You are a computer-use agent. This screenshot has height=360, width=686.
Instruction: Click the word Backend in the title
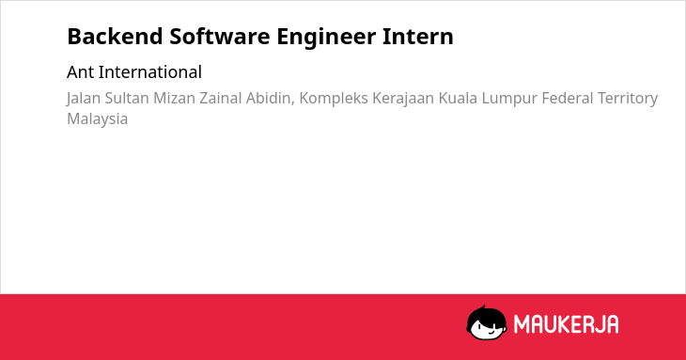[115, 37]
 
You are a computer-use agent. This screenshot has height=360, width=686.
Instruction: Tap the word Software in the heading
[220, 37]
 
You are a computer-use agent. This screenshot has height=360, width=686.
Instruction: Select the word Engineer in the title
[326, 38]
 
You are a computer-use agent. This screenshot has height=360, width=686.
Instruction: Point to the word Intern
[418, 37]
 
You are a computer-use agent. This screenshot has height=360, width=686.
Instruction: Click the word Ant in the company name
[80, 72]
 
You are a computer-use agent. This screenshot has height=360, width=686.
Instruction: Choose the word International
[150, 72]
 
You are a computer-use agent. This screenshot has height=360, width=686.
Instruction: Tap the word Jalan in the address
[83, 99]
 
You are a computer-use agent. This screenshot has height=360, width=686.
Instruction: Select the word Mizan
[174, 98]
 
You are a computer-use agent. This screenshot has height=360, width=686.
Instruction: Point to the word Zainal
[220, 98]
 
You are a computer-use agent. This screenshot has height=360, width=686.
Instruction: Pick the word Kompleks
[334, 99]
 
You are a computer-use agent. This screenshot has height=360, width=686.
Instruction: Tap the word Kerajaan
[403, 99]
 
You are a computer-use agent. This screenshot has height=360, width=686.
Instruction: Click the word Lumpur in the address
[509, 99]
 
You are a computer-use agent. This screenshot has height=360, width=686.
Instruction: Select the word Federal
[567, 98]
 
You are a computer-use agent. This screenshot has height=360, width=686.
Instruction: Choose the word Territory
[628, 99]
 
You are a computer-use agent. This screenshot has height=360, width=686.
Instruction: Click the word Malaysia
[97, 119]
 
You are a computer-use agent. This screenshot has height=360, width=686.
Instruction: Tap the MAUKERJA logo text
[566, 324]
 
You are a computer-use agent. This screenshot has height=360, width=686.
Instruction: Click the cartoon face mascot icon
[487, 322]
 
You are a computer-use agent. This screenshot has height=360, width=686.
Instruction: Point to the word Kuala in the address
[458, 98]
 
